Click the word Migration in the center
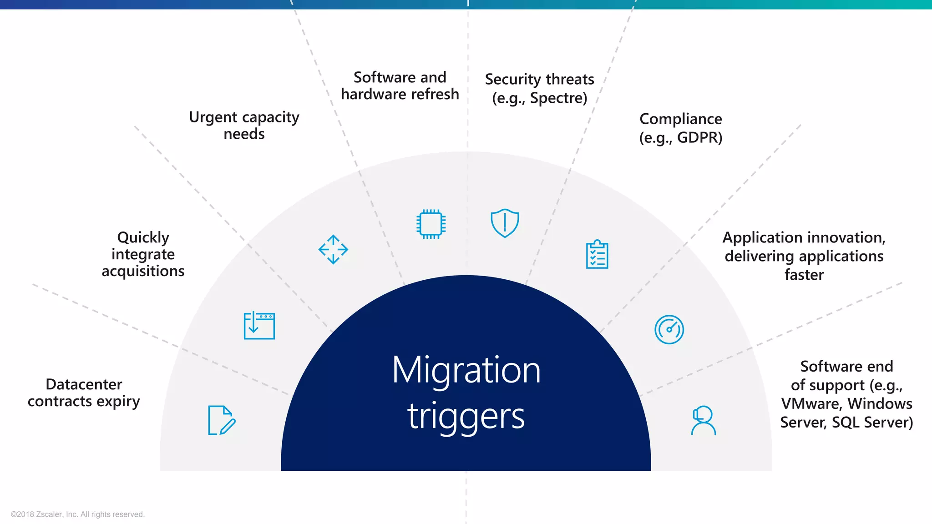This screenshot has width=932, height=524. click(466, 370)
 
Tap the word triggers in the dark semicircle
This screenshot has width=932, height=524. click(466, 416)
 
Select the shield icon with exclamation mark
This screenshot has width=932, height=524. click(505, 223)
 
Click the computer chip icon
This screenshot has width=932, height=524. click(431, 224)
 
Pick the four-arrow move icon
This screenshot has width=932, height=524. click(333, 249)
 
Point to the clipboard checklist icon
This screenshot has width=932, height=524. click(597, 255)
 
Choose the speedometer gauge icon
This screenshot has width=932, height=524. click(669, 329)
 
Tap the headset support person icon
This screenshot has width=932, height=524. click(703, 420)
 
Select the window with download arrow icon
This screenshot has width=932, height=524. click(259, 325)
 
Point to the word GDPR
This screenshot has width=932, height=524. click(699, 137)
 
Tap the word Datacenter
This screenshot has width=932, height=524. click(84, 384)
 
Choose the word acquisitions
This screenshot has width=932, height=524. click(143, 271)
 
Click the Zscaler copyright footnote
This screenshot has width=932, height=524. click(77, 514)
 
